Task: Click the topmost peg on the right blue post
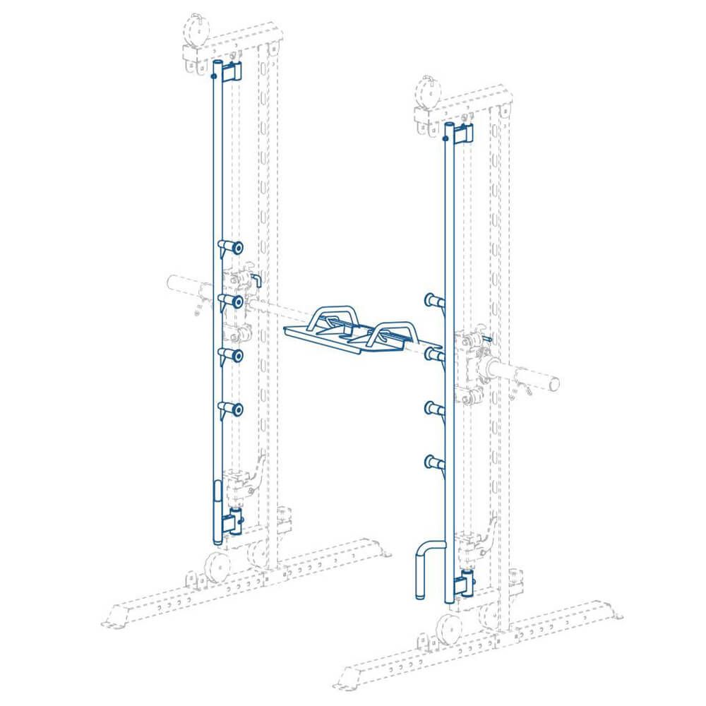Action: [x=433, y=301]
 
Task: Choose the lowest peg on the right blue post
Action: [x=433, y=462]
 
